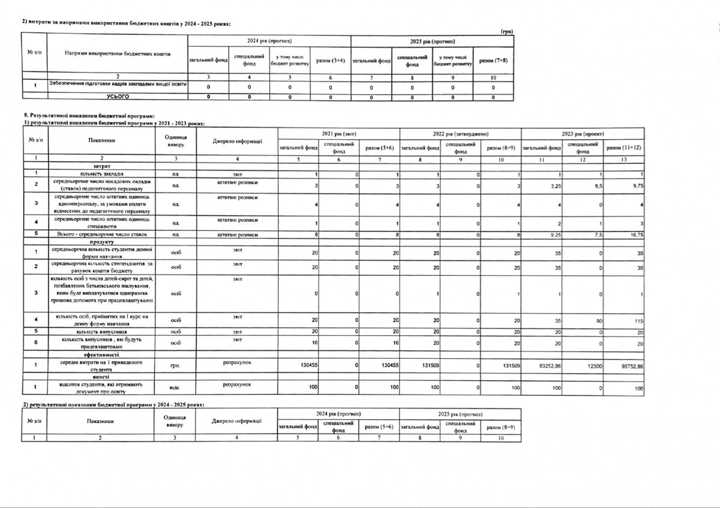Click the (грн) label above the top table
pos(508,31)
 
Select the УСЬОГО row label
pos(118,96)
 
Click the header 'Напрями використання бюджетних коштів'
pos(118,54)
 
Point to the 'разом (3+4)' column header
pos(330,61)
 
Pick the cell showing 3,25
pos(553,187)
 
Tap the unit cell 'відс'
pos(176,388)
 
